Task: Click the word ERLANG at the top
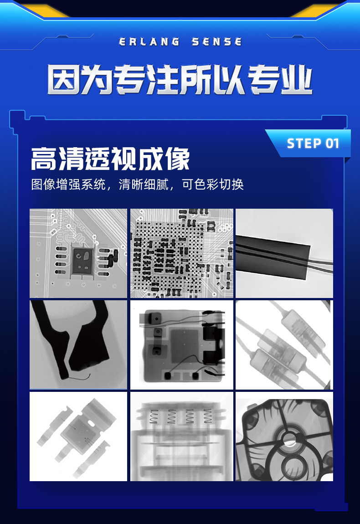pyautogui.click(x=149, y=42)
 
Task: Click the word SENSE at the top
pyautogui.click(x=216, y=42)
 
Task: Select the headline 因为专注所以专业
pyautogui.click(x=180, y=80)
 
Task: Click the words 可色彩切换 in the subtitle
pyautogui.click(x=213, y=185)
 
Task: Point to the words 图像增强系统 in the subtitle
pyautogui.click(x=68, y=185)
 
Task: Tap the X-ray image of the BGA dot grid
pyautogui.click(x=181, y=253)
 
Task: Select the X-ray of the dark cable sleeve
pyautogui.click(x=284, y=253)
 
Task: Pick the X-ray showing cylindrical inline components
pyautogui.click(x=284, y=344)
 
